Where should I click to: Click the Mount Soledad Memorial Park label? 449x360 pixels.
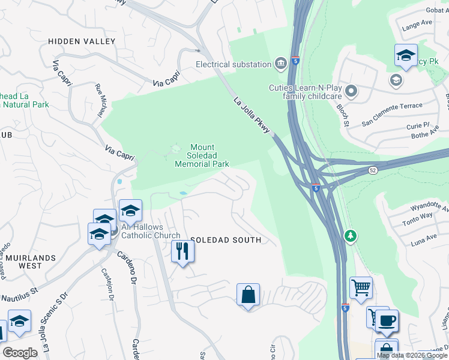[x=202, y=155]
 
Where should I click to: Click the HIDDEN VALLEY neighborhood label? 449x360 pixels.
[x=82, y=41]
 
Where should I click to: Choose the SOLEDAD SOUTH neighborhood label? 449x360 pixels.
[x=226, y=240]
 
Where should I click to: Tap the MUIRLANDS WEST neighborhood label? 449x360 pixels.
[x=28, y=262]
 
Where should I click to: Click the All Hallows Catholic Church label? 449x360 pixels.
[x=151, y=232]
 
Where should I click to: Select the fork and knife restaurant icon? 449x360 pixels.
[x=182, y=250]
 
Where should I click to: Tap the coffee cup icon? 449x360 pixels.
[x=387, y=320]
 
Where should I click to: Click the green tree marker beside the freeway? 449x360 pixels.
[x=350, y=236]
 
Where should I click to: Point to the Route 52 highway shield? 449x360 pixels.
[x=372, y=171]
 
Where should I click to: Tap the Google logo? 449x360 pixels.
[x=20, y=353]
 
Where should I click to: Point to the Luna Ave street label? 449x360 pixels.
[x=424, y=241]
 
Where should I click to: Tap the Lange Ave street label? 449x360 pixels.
[x=417, y=24]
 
